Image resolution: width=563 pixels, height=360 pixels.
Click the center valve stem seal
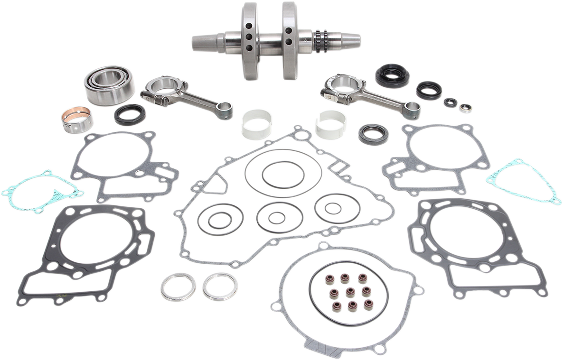351,290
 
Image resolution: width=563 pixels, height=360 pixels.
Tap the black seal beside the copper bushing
129,114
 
